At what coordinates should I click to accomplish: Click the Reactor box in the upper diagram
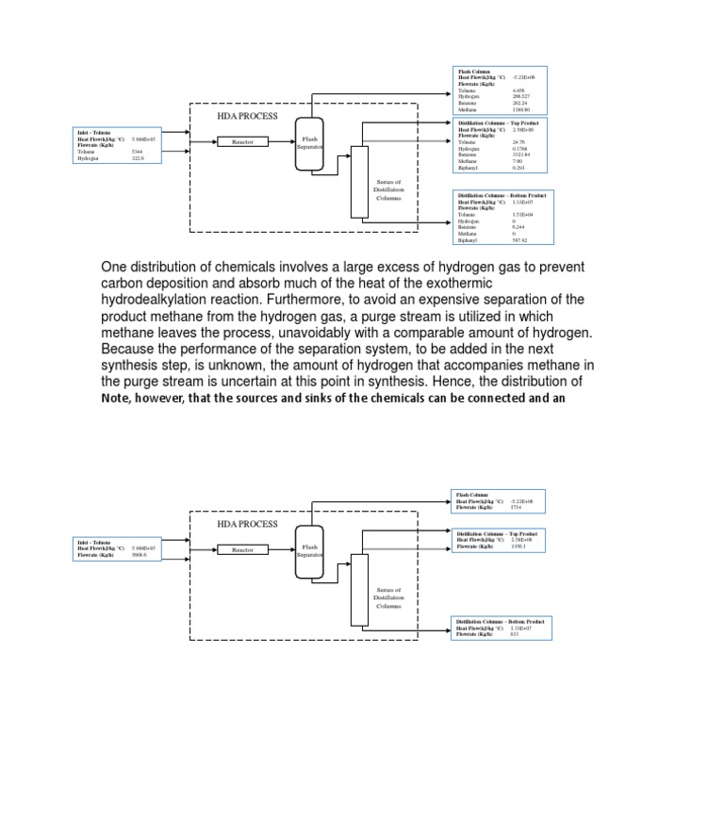click(242, 142)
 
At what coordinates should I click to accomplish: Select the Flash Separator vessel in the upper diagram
click(309, 144)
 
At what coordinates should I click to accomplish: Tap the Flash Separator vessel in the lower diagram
click(309, 551)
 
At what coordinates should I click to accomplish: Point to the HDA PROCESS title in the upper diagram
click(247, 116)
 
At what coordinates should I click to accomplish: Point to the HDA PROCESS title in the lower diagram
click(247, 524)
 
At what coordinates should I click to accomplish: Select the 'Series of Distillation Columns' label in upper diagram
click(388, 189)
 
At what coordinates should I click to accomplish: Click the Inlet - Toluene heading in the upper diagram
click(93, 133)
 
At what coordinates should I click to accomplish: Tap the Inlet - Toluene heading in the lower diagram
click(93, 542)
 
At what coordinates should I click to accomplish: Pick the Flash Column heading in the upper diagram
click(473, 71)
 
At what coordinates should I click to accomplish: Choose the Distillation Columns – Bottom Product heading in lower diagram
click(501, 622)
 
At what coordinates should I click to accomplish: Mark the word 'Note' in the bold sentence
click(117, 398)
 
